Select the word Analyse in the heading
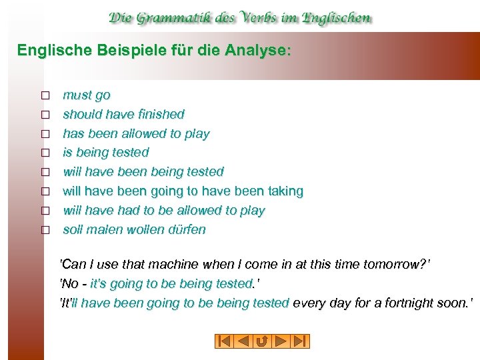pyautogui.click(x=262, y=50)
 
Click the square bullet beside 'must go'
pyautogui.click(x=45, y=96)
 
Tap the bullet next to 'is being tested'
pyautogui.click(x=45, y=153)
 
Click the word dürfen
pyautogui.click(x=188, y=229)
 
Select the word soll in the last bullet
pyautogui.click(x=73, y=229)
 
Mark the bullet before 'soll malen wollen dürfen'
pyautogui.click(x=45, y=230)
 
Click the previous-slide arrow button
pyautogui.click(x=243, y=341)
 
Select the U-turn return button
pyautogui.click(x=262, y=341)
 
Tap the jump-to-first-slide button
pyautogui.click(x=225, y=341)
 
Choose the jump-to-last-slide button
pyautogui.click(x=300, y=341)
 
